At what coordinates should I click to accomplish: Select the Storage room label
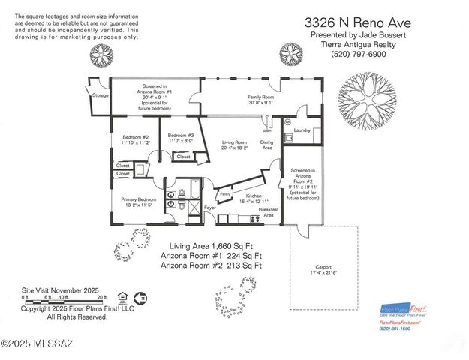tap(101, 95)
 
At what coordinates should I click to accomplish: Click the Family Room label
tap(260, 98)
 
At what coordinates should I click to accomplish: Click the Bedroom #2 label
tap(136, 138)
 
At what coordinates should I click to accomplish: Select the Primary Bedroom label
tap(137, 199)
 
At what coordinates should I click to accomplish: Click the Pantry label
tap(224, 194)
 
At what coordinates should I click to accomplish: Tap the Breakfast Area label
tap(270, 212)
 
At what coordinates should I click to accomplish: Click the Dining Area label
tap(266, 145)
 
